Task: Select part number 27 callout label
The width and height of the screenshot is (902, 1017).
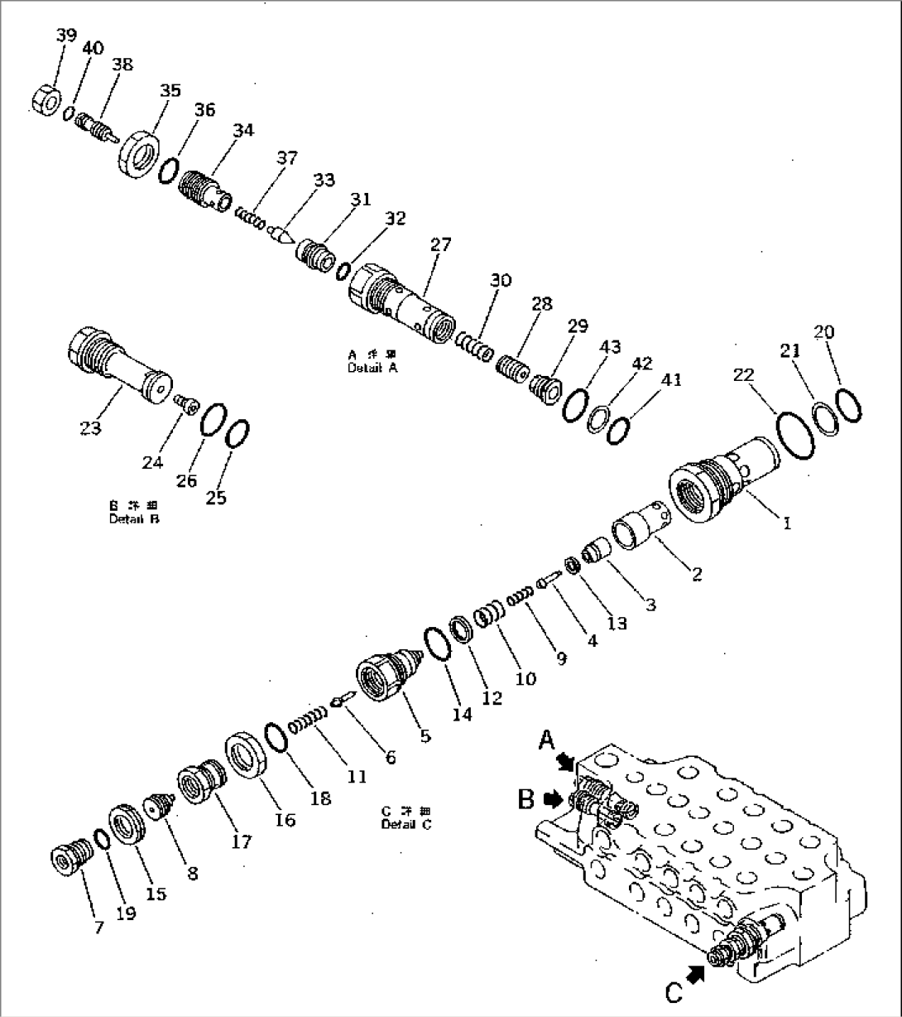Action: pyautogui.click(x=440, y=245)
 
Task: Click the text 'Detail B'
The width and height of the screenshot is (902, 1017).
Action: pyautogui.click(x=134, y=519)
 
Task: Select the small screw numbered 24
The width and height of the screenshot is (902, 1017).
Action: pyautogui.click(x=187, y=402)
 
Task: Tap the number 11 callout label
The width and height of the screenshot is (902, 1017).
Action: pyautogui.click(x=357, y=776)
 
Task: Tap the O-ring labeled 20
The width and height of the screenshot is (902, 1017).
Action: pyautogui.click(x=848, y=405)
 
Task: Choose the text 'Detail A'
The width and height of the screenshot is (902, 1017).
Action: pyautogui.click(x=372, y=368)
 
